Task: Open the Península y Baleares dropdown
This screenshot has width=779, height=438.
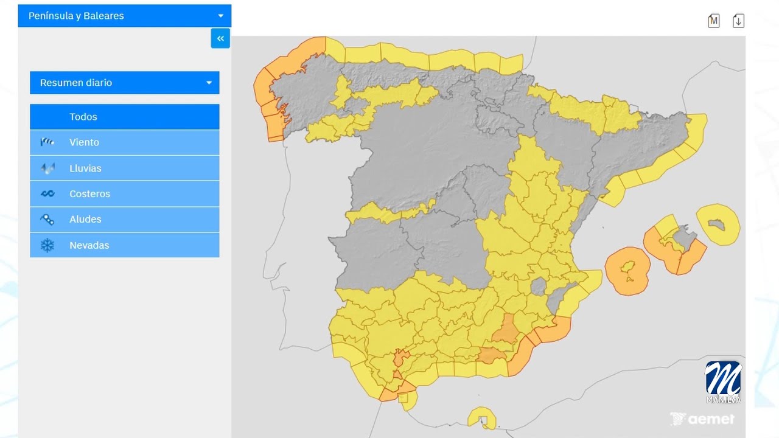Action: point(124,16)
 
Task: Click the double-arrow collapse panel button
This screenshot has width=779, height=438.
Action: point(220,38)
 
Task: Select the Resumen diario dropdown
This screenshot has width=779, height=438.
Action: point(124,83)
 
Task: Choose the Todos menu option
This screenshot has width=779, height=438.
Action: point(124,117)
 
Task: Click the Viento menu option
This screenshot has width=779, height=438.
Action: point(124,142)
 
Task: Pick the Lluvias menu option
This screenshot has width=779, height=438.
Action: point(124,169)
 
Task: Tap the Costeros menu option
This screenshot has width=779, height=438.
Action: point(124,194)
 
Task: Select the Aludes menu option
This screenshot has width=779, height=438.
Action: point(124,220)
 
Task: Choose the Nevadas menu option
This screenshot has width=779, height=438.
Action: point(124,245)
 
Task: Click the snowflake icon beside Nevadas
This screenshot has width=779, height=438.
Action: point(47,245)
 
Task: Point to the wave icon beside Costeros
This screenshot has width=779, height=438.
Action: point(47,194)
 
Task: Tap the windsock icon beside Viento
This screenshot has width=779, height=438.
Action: point(47,142)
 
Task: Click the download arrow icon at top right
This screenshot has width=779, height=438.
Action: point(738,21)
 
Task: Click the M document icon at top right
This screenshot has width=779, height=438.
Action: point(713,21)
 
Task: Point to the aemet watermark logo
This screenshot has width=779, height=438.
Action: point(702,419)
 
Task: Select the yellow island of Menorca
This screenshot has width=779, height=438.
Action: point(718,224)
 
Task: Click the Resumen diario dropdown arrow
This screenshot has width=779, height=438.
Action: point(209,83)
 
